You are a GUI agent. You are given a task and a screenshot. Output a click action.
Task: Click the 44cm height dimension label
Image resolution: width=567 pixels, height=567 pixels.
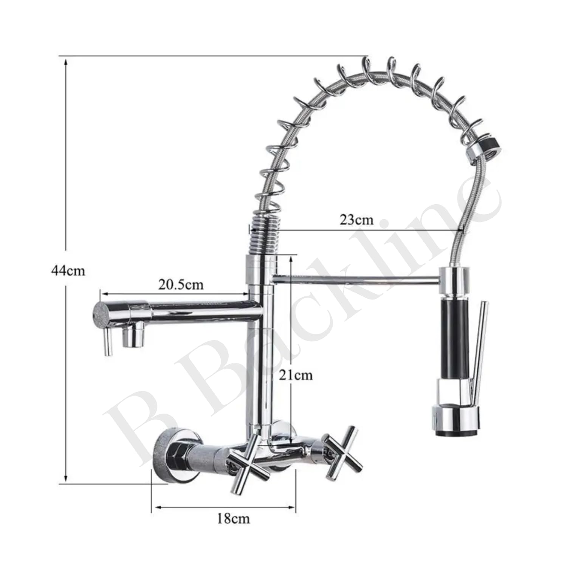point(68,271)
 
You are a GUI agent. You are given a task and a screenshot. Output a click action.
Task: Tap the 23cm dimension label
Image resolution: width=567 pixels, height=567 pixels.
point(356,219)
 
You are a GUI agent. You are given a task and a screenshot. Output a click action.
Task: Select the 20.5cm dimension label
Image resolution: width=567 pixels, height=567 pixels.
point(181,284)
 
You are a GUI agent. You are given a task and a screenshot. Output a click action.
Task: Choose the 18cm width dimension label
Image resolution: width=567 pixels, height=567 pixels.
point(233,518)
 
